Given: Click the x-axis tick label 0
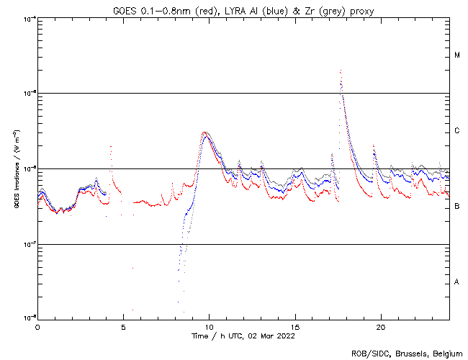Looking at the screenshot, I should click(x=37, y=326).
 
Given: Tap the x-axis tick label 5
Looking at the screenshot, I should click(x=123, y=326).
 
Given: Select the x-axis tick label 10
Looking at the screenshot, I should click(x=209, y=326).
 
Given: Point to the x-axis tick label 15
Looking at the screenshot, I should click(x=294, y=326).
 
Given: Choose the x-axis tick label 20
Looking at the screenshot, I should click(x=380, y=326).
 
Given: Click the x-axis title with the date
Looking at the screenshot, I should click(x=243, y=336).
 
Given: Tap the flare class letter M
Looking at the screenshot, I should click(x=457, y=55).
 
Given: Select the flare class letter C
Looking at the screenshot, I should click(x=457, y=131).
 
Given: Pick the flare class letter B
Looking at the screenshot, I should click(x=457, y=207).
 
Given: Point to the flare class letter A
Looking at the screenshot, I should click(x=457, y=282).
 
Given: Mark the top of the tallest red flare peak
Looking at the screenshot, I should click(x=340, y=71).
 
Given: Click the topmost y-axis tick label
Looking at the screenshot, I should click(x=27, y=18).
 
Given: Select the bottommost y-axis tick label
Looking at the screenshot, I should click(x=27, y=318).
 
